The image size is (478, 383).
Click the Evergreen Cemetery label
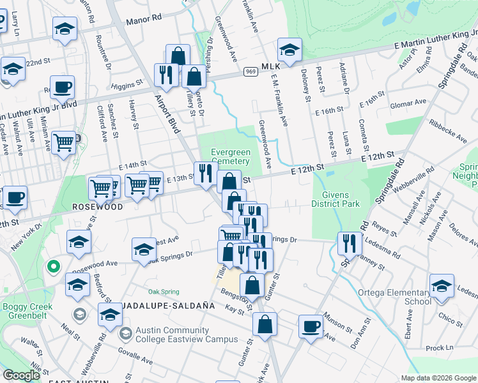click(231, 156)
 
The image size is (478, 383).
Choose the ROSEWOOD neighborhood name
click(97, 207)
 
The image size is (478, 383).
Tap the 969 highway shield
click(251, 72)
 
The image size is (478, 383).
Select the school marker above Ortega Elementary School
click(442, 285)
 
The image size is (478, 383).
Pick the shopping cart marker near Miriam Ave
click(64, 143)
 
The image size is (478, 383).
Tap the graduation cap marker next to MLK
click(289, 50)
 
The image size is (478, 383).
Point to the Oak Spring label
click(164, 292)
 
